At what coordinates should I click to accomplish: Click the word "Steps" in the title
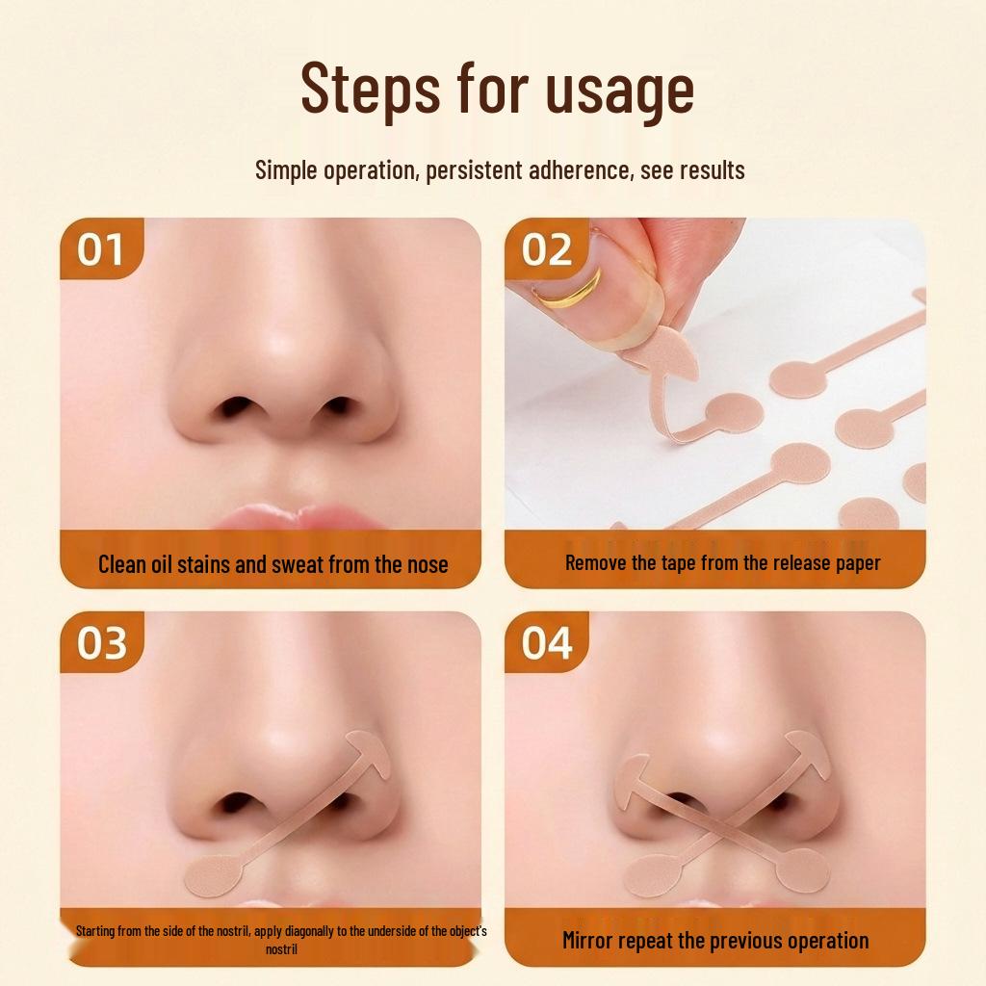pos(371,88)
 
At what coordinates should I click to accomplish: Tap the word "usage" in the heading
pos(619,92)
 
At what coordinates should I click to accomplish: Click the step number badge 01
pos(100,249)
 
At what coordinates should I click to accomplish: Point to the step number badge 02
pos(546,249)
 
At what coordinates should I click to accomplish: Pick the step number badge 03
pos(100,642)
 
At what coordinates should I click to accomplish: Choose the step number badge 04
pos(546,642)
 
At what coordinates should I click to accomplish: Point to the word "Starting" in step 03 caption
pos(95,931)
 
